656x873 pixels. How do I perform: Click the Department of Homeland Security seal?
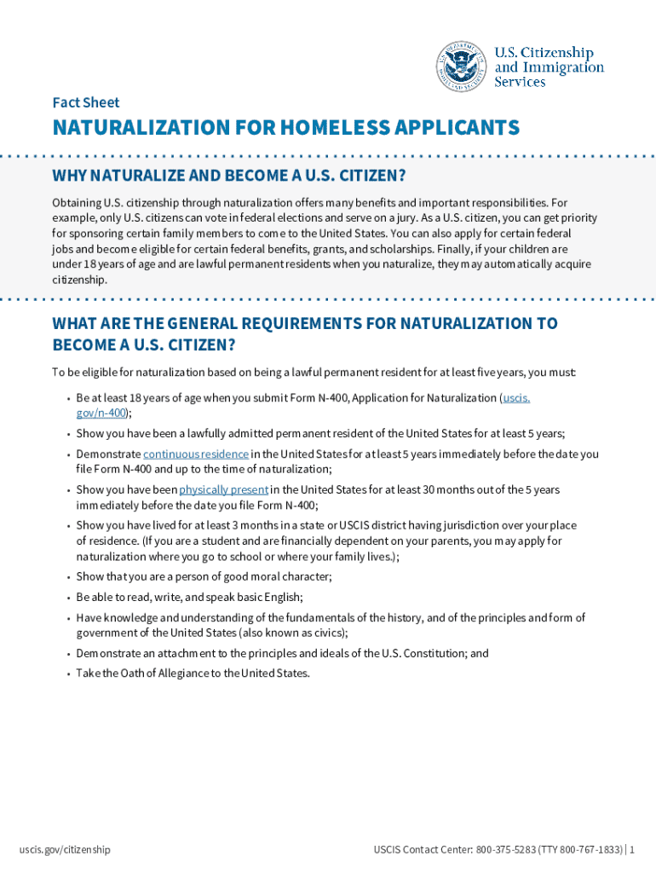(x=462, y=66)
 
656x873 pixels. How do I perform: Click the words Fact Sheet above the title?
(x=86, y=102)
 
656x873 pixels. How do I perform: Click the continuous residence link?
(x=196, y=454)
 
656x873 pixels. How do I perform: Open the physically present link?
(x=224, y=489)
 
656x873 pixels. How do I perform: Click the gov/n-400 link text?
(x=101, y=413)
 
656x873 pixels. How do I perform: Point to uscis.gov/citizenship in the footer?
(x=65, y=849)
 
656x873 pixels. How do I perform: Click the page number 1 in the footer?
(x=632, y=849)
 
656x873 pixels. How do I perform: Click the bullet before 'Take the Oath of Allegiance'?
(x=67, y=674)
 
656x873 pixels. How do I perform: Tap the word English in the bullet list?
(x=284, y=597)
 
